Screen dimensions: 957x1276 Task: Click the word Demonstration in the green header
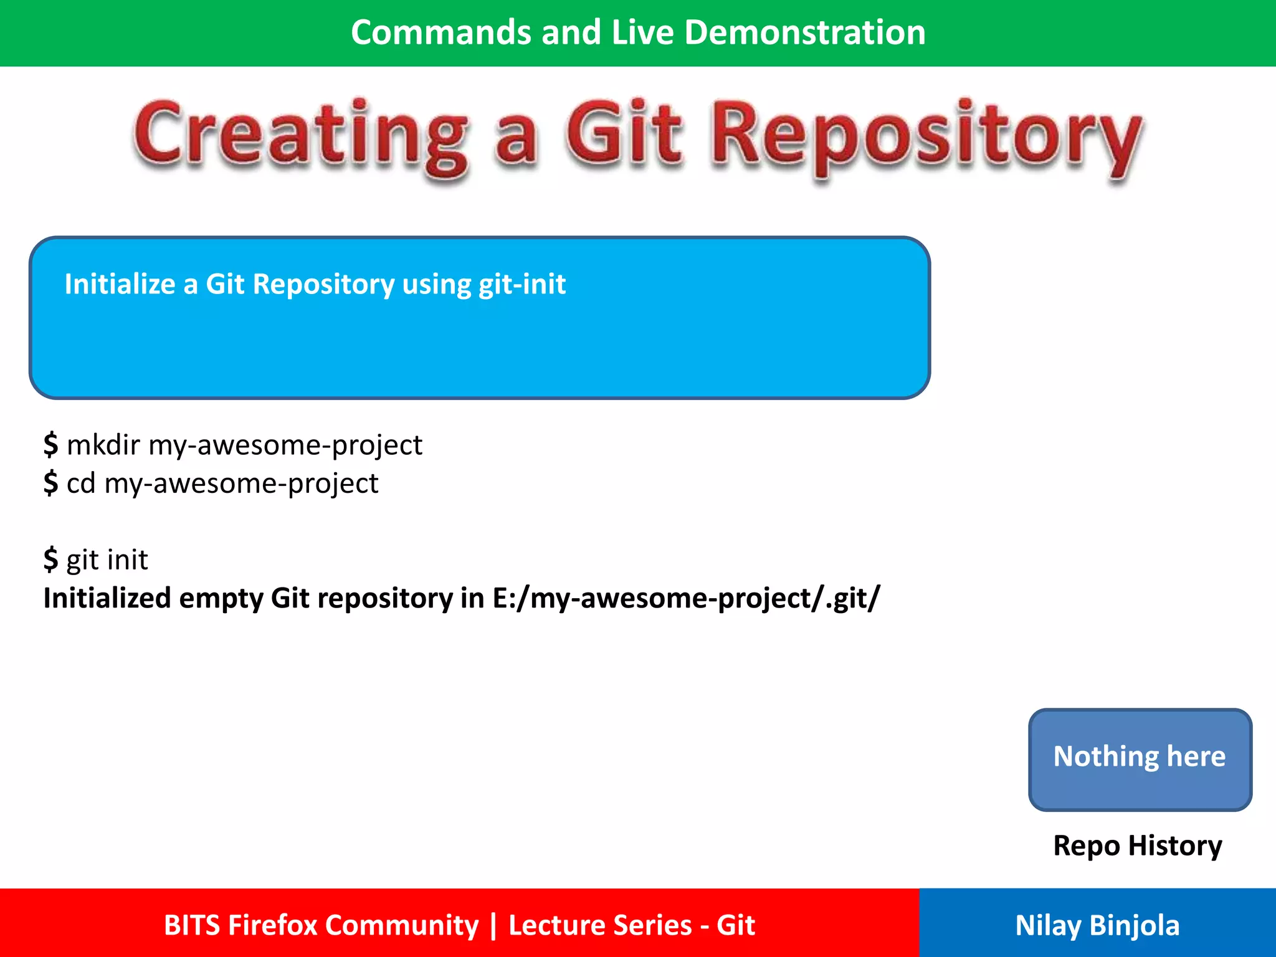click(804, 32)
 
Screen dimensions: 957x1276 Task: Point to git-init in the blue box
click(522, 284)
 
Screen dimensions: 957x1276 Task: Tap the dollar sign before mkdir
click(50, 445)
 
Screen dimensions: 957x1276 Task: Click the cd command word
click(81, 483)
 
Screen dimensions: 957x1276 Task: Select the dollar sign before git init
click(50, 559)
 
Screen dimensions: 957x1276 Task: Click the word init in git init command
click(126, 559)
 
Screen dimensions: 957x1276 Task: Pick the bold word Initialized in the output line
click(107, 598)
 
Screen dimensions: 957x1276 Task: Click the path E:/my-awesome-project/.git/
click(686, 598)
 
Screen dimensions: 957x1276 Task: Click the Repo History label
click(1137, 845)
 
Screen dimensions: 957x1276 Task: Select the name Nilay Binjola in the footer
click(1097, 925)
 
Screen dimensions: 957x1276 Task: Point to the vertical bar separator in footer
click(493, 925)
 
